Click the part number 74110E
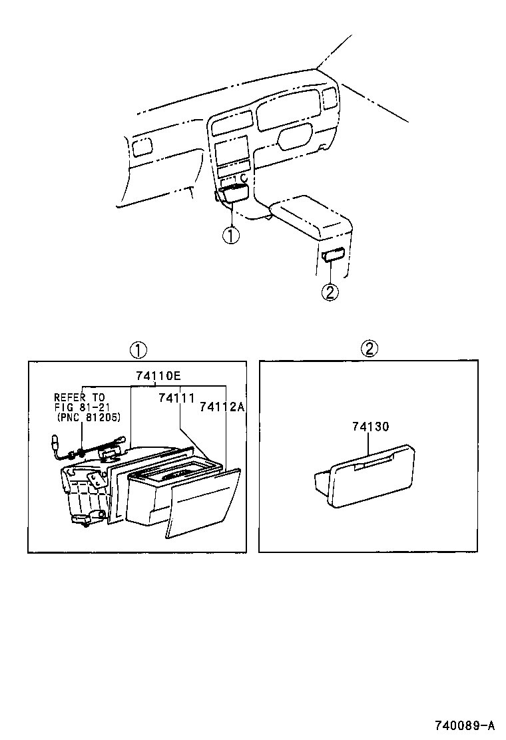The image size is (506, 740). tap(158, 376)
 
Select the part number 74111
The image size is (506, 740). tap(176, 398)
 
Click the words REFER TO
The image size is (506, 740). tap(79, 397)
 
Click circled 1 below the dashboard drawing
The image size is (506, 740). tap(230, 236)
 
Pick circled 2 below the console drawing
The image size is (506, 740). tap(331, 291)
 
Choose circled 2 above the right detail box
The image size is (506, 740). tap(370, 349)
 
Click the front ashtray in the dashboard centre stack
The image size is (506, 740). tap(233, 194)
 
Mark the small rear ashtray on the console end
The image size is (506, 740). tap(332, 255)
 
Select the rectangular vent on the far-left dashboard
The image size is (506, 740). tap(141, 148)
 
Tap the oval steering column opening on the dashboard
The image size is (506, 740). tap(294, 137)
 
